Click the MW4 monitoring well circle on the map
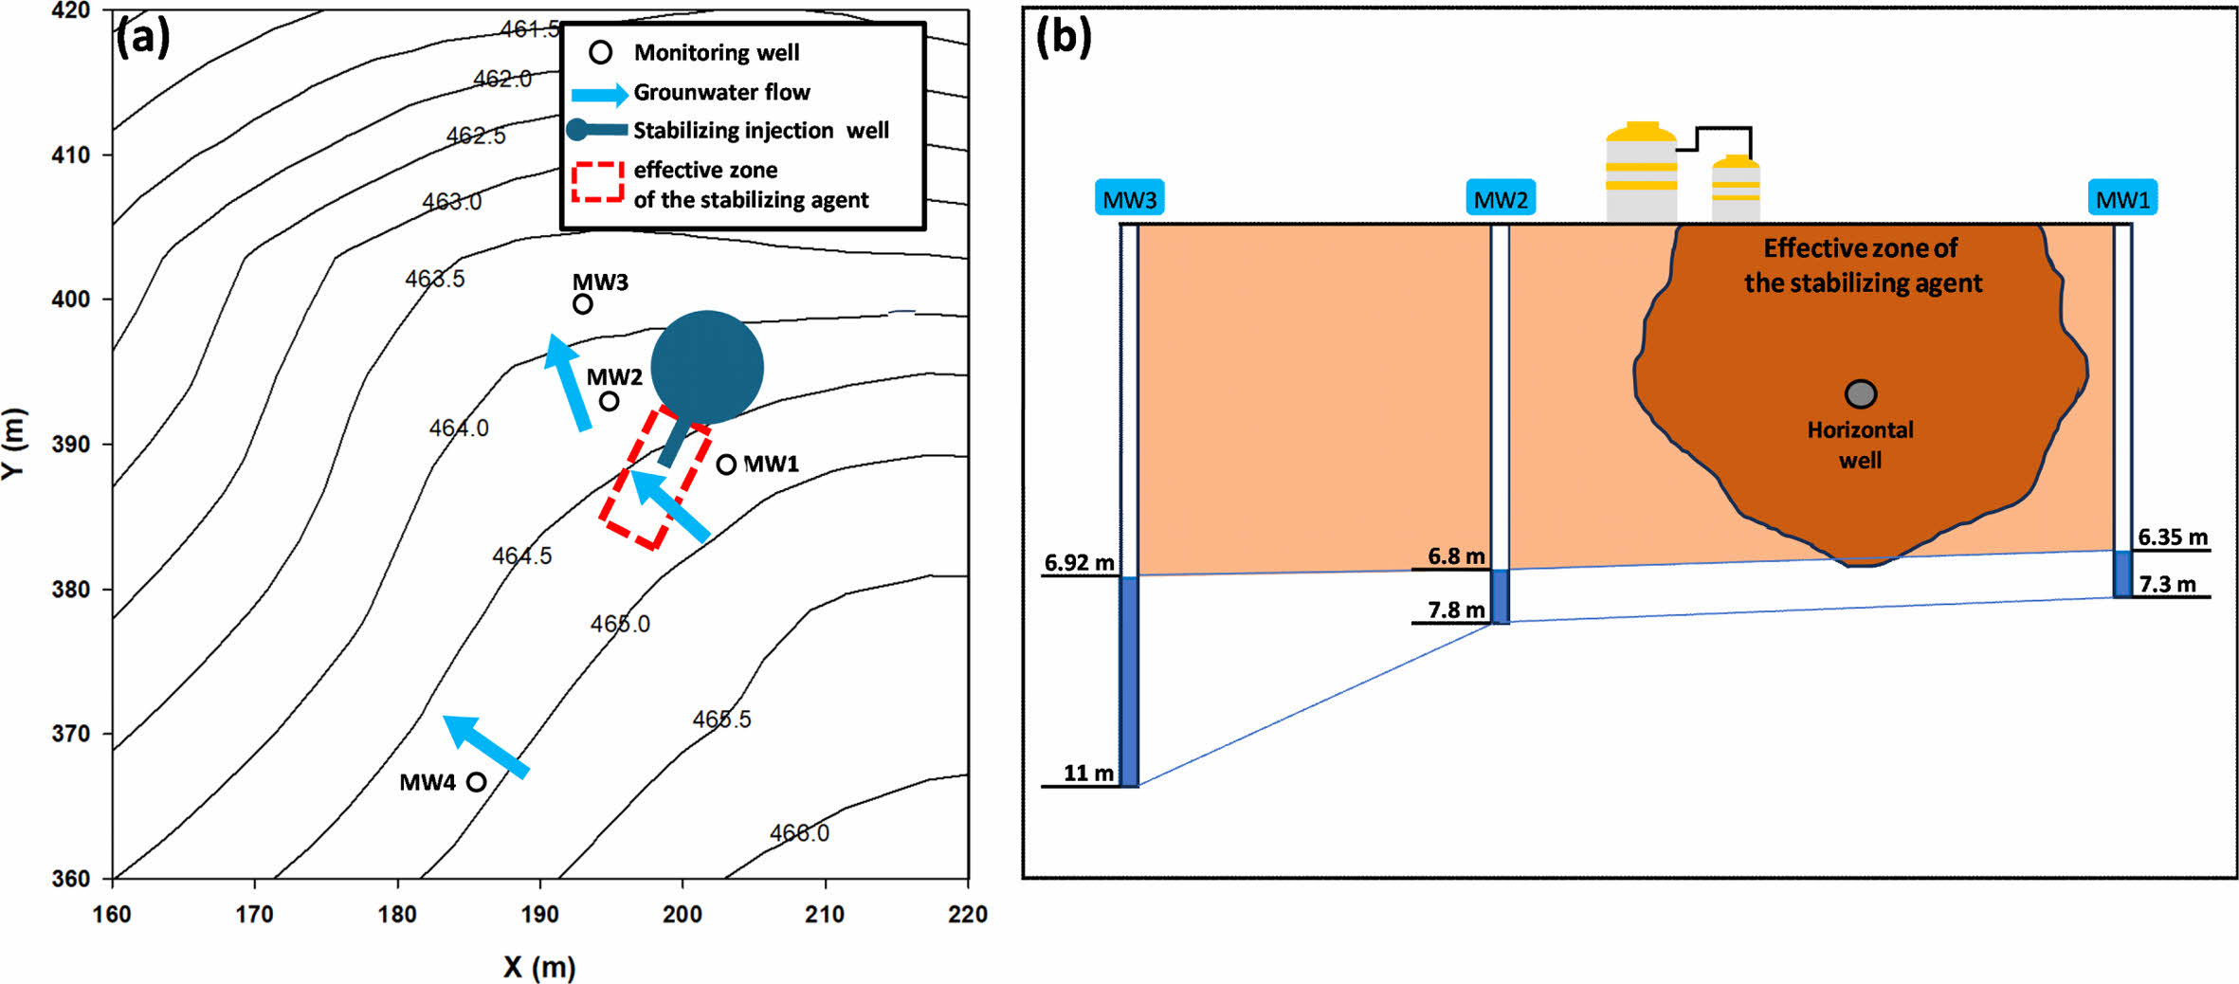point(477,782)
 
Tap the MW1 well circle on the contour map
point(726,465)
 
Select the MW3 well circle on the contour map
point(583,304)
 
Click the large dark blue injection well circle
point(707,367)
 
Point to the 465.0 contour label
point(620,624)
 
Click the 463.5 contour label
point(434,279)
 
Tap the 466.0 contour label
point(799,833)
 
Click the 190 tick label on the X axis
point(540,915)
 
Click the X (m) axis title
point(539,967)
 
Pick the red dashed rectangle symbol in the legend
point(597,182)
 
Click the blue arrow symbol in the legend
point(599,94)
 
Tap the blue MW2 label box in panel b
point(1501,199)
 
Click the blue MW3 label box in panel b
point(1129,199)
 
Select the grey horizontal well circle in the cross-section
point(1861,393)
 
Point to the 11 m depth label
point(1088,773)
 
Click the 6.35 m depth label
point(2173,538)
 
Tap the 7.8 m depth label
point(1456,610)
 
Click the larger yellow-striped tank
point(1641,173)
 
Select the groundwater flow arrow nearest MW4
point(486,747)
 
